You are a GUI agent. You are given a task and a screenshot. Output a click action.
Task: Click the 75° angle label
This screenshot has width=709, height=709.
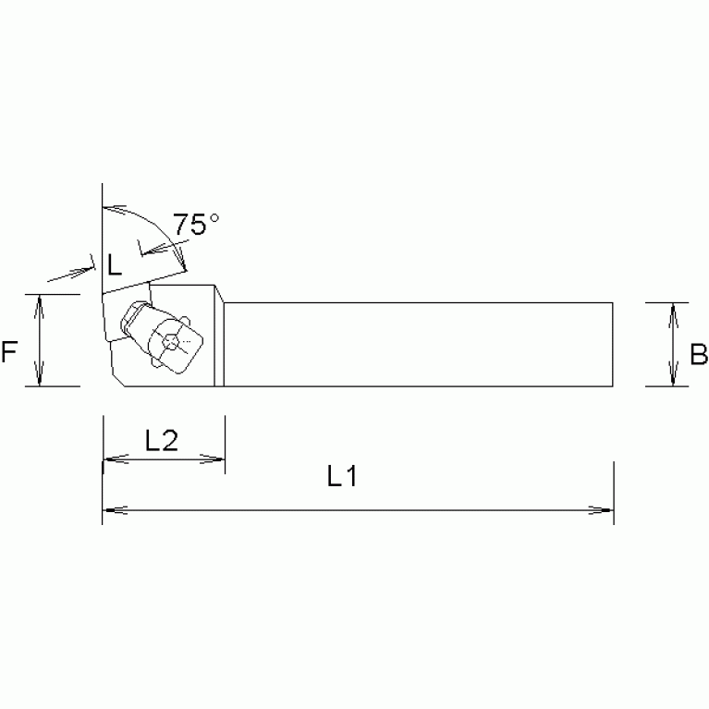[196, 224]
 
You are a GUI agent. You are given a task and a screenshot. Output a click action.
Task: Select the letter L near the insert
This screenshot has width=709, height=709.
[113, 266]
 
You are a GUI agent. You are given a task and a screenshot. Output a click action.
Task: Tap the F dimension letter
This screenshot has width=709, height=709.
[10, 352]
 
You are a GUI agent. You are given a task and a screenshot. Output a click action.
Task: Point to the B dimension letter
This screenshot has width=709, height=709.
[699, 354]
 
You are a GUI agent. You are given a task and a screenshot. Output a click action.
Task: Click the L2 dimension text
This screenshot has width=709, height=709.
[162, 442]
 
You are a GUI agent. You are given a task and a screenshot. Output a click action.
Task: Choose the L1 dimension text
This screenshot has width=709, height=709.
[342, 477]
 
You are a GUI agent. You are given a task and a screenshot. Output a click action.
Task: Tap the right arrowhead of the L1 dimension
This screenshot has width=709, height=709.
[605, 509]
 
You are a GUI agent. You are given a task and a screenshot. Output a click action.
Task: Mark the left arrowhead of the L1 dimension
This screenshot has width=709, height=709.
[110, 509]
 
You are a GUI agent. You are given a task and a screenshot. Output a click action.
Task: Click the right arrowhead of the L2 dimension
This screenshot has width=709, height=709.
[217, 458]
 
